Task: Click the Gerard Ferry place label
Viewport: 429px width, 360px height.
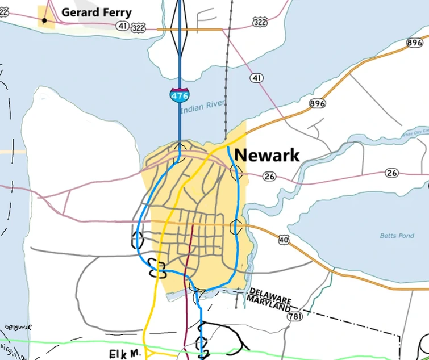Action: [96, 12]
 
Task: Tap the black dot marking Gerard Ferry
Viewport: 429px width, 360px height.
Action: [44, 20]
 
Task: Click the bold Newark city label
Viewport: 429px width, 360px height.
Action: [267, 155]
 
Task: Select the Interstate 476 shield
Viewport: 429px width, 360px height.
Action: [180, 95]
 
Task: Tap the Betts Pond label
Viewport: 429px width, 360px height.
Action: [397, 235]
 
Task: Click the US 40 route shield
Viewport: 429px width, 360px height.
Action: [284, 240]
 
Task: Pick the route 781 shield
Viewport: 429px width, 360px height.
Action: [294, 316]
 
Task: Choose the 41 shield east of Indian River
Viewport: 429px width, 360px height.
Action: [257, 77]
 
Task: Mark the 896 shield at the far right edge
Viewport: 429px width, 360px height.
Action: [415, 43]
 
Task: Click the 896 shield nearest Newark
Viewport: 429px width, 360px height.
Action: [317, 103]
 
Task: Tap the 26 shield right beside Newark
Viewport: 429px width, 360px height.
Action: [269, 177]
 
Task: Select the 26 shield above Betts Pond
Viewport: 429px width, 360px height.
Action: [391, 173]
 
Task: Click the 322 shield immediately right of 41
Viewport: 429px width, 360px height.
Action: [138, 27]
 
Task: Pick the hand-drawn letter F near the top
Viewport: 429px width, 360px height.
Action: [202, 19]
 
